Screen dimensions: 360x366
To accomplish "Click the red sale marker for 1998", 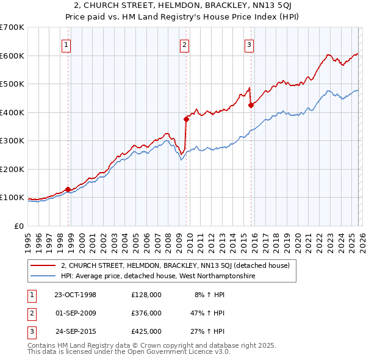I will [x=68, y=190].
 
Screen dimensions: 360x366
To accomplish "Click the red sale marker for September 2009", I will [x=186, y=119].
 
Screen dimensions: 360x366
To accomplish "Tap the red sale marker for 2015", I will [x=251, y=105].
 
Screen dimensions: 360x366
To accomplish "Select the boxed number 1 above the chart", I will [x=66, y=44].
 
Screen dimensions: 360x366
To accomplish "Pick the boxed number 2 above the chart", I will [x=184, y=44].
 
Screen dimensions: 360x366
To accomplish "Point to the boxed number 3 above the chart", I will [x=249, y=44].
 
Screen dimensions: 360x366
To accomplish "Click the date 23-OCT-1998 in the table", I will [x=75, y=295].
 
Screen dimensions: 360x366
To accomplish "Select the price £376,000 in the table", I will [x=146, y=313].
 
